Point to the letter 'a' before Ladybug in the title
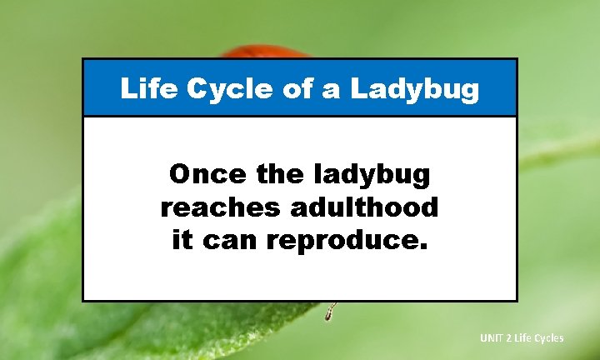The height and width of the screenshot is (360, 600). pos(332,89)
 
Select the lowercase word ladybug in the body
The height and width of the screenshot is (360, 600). pos(376,176)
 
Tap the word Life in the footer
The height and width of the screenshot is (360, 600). pos(524,337)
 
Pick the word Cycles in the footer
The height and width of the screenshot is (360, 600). pos(549,337)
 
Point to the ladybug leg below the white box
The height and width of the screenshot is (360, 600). pos(330,312)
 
